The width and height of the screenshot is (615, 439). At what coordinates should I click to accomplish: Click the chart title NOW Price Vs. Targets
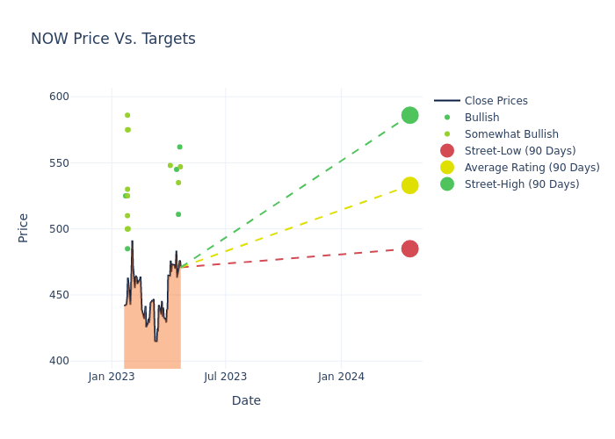click(113, 40)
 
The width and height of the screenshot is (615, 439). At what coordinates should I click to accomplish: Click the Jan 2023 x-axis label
click(112, 377)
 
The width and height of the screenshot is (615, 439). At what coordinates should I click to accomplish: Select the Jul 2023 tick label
click(226, 377)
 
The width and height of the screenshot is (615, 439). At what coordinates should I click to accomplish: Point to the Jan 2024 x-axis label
click(341, 377)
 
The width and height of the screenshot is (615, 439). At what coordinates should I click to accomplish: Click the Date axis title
click(246, 400)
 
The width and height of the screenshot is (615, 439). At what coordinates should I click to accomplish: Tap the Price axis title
click(24, 227)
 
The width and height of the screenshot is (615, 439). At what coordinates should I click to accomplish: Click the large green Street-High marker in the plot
click(409, 115)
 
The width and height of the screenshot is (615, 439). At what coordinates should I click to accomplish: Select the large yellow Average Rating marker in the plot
click(409, 185)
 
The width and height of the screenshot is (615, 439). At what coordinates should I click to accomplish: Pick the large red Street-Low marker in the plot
click(409, 248)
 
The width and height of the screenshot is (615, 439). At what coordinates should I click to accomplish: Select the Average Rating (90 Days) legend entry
click(532, 168)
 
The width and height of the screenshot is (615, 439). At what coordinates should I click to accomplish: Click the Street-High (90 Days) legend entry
click(522, 184)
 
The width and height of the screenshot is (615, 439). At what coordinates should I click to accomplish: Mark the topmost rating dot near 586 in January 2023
click(127, 115)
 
